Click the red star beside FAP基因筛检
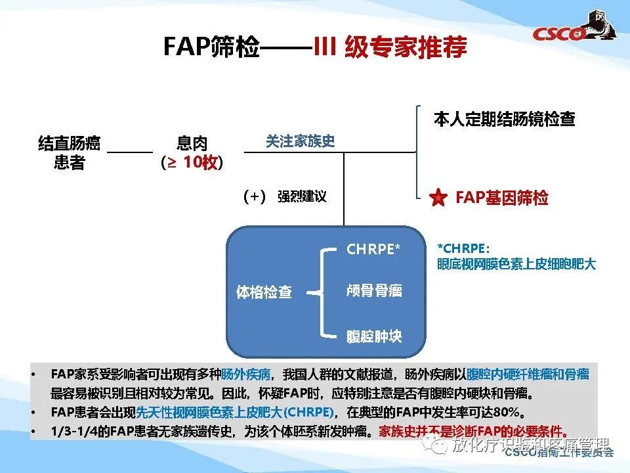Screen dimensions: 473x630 tap(438, 197)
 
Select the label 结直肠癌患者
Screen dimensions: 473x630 tap(69, 152)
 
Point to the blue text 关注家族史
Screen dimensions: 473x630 tap(300, 141)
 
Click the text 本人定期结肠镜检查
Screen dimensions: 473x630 tap(504, 120)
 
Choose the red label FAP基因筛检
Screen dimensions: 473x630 tap(502, 198)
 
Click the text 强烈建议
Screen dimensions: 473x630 tap(302, 196)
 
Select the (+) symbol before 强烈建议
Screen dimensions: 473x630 tap(254, 196)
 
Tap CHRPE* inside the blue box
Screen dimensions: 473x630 tap(373, 250)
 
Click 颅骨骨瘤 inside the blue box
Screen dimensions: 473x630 tap(374, 291)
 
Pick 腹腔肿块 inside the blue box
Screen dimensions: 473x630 tap(374, 337)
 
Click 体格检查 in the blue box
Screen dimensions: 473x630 tap(264, 292)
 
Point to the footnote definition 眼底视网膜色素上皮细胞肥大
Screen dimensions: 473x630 tap(516, 264)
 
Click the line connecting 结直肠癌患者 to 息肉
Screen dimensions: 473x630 tap(130, 152)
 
